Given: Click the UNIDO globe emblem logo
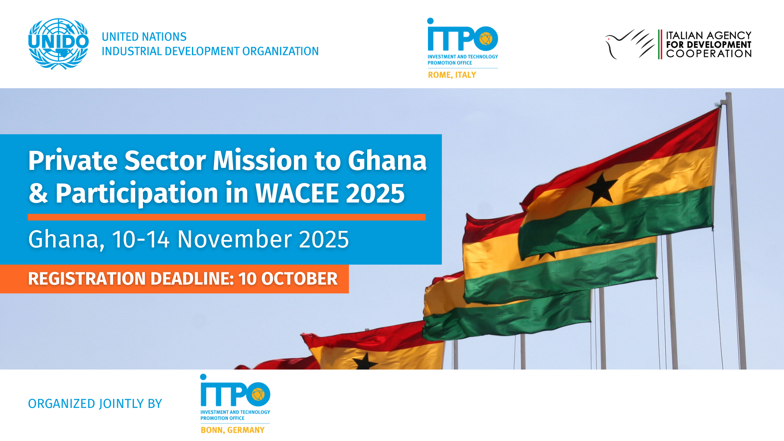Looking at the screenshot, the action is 58,44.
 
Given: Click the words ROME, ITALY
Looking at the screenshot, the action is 452,75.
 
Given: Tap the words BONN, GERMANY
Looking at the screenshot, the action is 232,430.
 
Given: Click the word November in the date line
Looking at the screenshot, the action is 234,239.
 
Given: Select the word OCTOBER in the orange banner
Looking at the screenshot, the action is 299,279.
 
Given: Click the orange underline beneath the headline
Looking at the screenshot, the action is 227,217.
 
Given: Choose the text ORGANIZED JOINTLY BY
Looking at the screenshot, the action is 95,404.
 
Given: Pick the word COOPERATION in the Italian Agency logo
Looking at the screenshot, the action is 709,54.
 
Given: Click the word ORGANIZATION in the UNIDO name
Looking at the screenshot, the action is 281,51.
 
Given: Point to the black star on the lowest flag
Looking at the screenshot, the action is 365,362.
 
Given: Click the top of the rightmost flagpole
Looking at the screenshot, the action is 728,95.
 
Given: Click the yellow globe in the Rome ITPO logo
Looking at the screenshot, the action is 486,39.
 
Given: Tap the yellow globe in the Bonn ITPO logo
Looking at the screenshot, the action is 258,394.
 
